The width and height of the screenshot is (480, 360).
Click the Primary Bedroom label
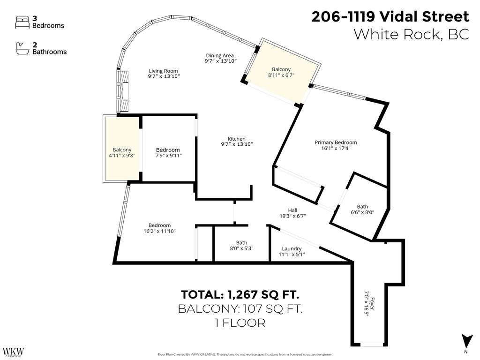336,142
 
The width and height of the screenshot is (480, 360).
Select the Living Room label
163,71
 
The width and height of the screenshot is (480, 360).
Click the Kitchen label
237,139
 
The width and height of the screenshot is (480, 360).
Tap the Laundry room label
292,248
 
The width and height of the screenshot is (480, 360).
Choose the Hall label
292,210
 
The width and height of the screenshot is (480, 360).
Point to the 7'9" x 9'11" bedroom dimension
168,156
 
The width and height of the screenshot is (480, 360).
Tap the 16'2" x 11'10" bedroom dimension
159,231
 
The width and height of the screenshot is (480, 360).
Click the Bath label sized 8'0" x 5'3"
241,242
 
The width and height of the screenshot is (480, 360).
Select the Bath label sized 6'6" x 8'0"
362,206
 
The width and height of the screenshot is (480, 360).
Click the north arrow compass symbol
465,341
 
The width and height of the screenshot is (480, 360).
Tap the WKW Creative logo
13,352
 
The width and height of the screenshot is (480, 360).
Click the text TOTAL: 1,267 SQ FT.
240,295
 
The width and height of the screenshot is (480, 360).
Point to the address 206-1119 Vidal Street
390,17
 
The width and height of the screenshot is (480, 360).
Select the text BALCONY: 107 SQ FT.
240,309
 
